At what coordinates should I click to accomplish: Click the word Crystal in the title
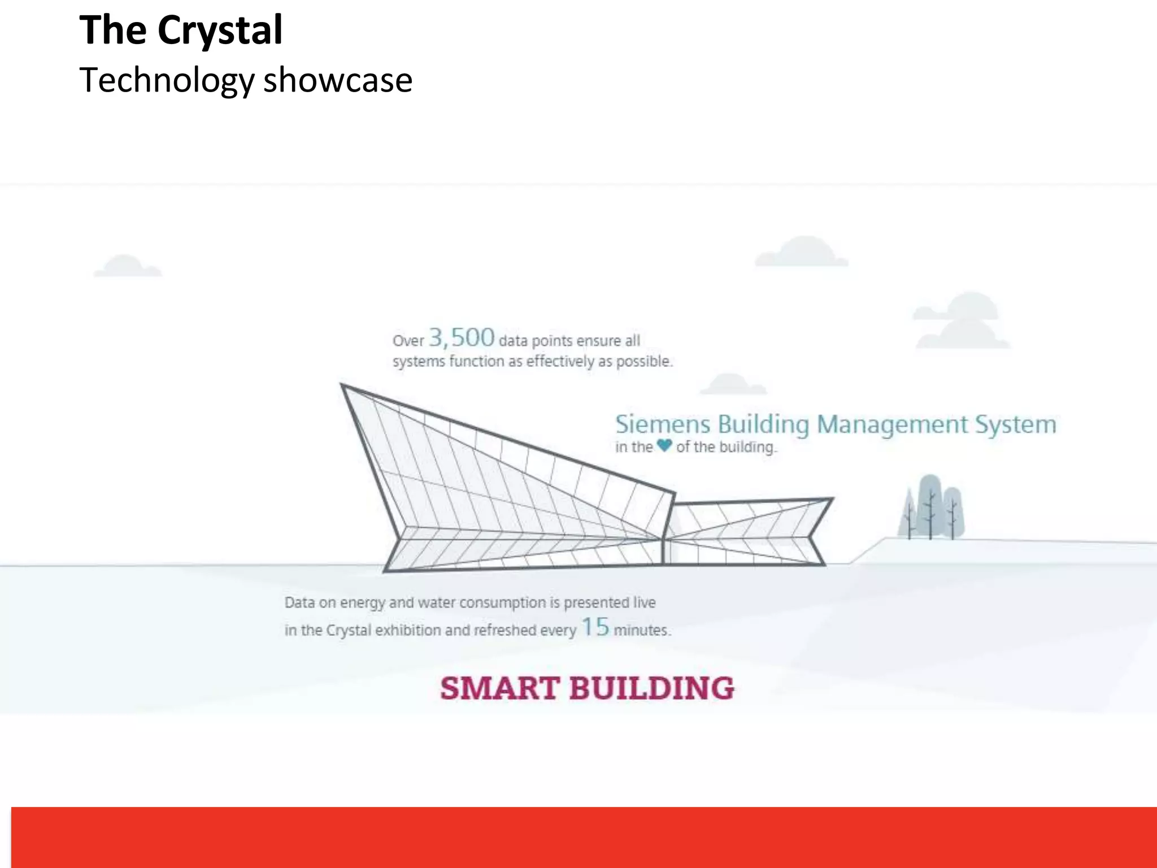tap(220, 31)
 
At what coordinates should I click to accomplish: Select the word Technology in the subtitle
tap(167, 80)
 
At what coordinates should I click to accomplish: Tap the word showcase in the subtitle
tap(338, 80)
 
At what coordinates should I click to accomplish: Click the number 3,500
tap(462, 337)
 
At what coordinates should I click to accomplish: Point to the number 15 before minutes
tap(595, 627)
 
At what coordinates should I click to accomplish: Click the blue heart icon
tap(664, 445)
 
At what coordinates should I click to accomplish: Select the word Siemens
tap(662, 424)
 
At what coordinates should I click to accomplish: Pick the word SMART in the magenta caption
tap(500, 688)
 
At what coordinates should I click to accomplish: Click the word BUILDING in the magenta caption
tap(651, 688)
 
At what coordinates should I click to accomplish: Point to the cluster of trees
tap(931, 507)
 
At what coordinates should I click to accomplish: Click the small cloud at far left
tap(127, 266)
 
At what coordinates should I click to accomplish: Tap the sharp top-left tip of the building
tap(342, 385)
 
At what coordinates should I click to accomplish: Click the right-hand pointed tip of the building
tap(832, 499)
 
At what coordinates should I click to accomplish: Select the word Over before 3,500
tap(408, 341)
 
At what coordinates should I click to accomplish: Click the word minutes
tap(641, 630)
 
